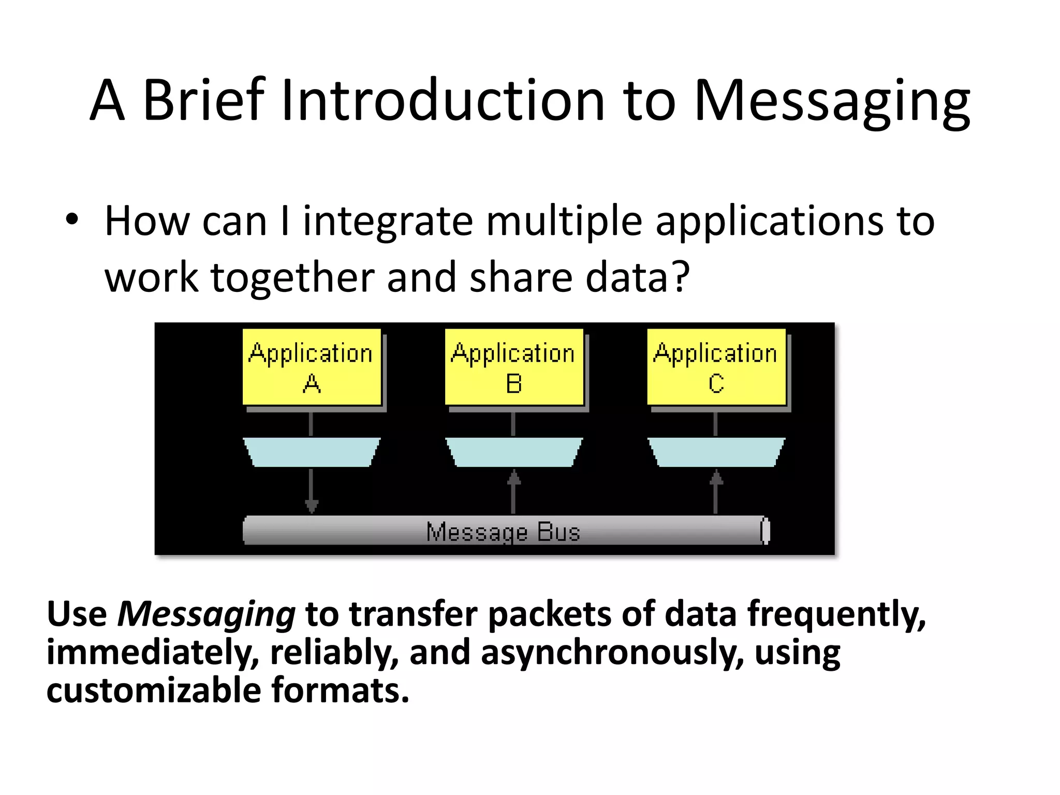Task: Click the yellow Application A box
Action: [x=312, y=366]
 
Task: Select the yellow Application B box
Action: [x=514, y=366]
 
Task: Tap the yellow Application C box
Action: [x=716, y=366]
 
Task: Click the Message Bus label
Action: [x=503, y=532]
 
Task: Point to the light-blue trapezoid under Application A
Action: [x=312, y=452]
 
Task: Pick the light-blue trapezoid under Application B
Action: [x=514, y=452]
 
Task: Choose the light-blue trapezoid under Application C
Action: [x=716, y=452]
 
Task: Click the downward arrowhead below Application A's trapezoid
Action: [x=311, y=506]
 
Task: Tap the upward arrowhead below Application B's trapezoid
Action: [x=513, y=477]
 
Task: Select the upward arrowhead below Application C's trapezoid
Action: [x=716, y=477]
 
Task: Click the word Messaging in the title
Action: [x=831, y=101]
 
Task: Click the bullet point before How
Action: [x=72, y=219]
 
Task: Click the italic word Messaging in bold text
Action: [x=207, y=615]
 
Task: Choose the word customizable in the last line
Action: [x=154, y=690]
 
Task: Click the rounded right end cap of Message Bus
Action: [x=765, y=531]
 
